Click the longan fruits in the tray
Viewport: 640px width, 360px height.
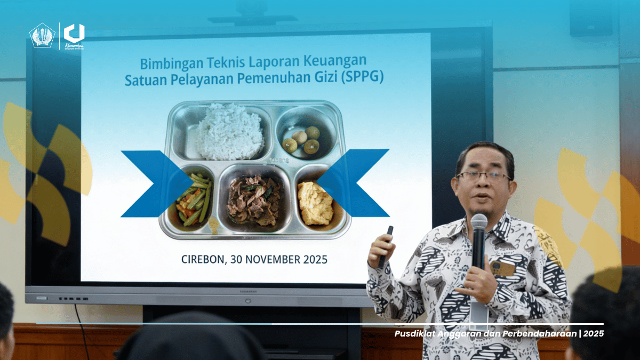pyautogui.click(x=302, y=140)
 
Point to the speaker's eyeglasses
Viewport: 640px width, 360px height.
pyautogui.click(x=483, y=175)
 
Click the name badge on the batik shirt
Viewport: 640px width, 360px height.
pyautogui.click(x=502, y=268)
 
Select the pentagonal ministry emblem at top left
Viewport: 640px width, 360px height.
pyautogui.click(x=42, y=36)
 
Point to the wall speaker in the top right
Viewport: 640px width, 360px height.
pyautogui.click(x=590, y=19)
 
